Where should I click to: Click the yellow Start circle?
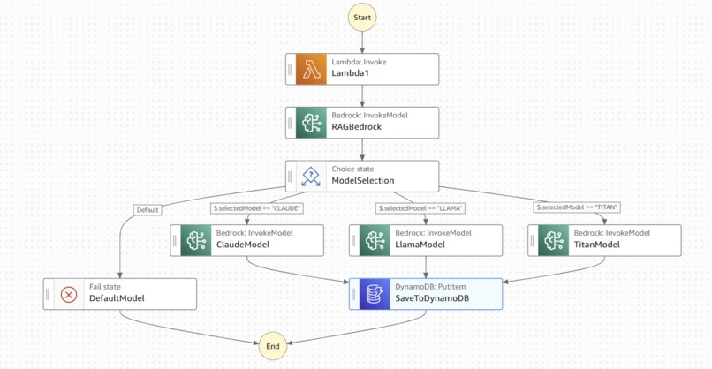click(362, 18)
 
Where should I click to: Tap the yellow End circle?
click(272, 346)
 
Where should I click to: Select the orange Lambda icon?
click(311, 70)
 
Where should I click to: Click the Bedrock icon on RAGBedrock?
click(311, 123)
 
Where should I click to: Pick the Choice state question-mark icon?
click(311, 177)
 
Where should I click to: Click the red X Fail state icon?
click(69, 295)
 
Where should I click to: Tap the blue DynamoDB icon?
click(375, 294)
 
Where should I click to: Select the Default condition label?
click(148, 210)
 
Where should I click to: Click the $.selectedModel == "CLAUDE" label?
click(256, 208)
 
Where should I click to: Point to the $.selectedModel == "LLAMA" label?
click(420, 208)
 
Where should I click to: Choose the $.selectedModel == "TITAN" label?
click(577, 207)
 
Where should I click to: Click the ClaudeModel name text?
click(243, 245)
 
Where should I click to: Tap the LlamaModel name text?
click(420, 245)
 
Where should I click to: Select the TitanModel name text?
click(596, 245)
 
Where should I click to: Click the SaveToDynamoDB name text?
click(432, 298)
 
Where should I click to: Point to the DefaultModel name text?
click(117, 298)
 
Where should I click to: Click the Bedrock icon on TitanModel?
click(554, 240)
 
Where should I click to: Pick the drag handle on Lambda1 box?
click(290, 70)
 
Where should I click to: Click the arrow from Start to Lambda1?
click(362, 42)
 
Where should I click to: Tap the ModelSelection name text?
click(363, 181)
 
